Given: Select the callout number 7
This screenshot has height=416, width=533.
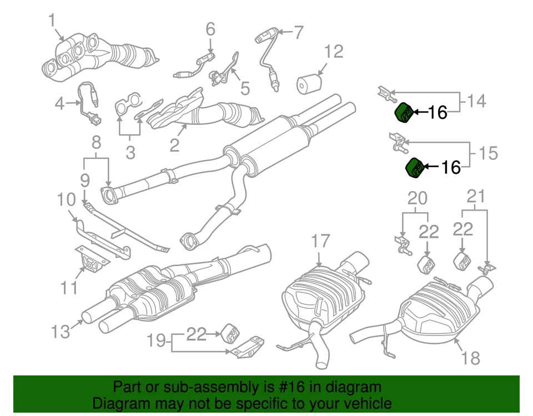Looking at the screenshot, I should click(299, 32).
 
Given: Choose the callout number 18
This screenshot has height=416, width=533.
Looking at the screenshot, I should click(470, 358).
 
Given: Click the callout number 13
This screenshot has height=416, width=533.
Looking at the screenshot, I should click(61, 332).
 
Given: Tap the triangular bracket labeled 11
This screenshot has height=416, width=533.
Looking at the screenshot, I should click(87, 260).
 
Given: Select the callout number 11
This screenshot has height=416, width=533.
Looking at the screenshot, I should click(70, 288).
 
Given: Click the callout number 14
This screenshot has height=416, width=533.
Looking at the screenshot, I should click(476, 101).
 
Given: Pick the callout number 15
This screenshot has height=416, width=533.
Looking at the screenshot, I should click(489, 153).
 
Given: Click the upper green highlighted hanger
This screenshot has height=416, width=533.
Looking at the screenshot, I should click(404, 112).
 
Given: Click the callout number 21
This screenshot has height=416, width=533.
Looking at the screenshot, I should click(476, 196).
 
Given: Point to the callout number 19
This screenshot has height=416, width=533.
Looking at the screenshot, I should click(157, 340).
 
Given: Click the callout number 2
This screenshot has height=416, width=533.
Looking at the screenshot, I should click(174, 146).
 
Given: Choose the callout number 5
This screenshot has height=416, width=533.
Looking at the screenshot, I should click(245, 88).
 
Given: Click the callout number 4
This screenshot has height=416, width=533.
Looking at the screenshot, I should click(59, 102).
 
